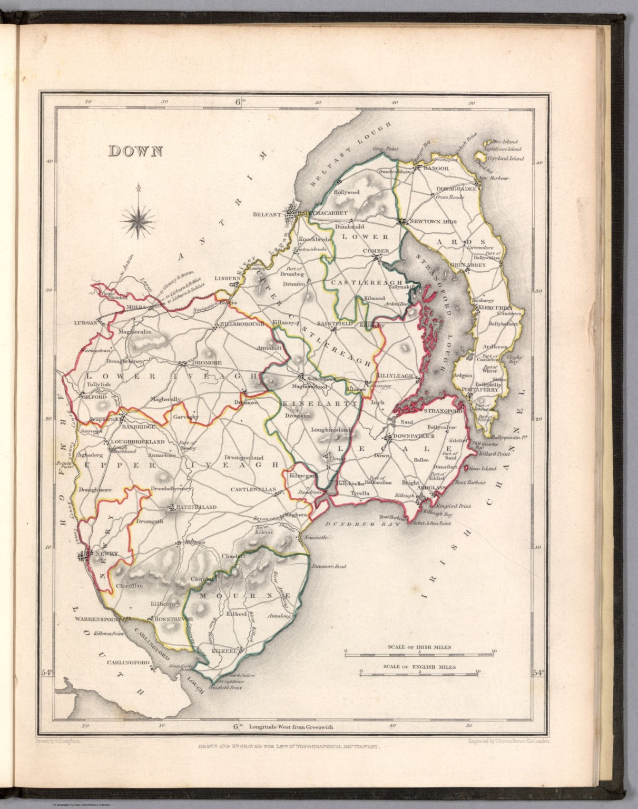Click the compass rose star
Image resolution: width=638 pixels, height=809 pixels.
click(x=138, y=220)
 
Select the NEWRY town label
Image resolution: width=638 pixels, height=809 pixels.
click(x=107, y=554)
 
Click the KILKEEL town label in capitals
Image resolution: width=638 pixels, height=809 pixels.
click(x=223, y=652)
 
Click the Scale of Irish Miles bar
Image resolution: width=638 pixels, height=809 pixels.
click(x=419, y=652)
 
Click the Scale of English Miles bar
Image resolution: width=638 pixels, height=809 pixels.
click(x=419, y=672)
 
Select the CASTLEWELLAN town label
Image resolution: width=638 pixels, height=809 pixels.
click(x=253, y=489)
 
